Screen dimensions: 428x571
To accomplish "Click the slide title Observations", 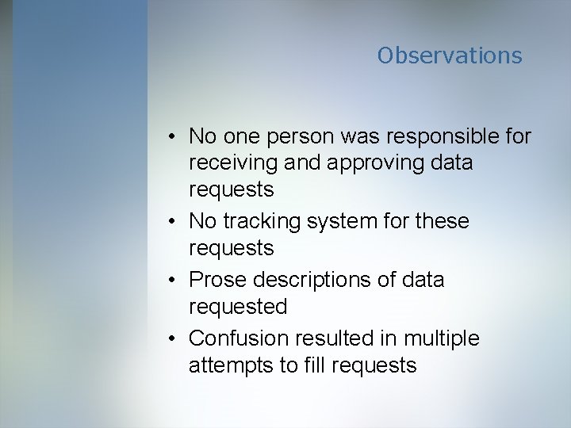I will pos(450,55).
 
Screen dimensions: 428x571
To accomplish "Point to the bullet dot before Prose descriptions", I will pos(171,281).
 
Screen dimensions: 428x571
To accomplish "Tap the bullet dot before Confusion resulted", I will pos(171,339).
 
